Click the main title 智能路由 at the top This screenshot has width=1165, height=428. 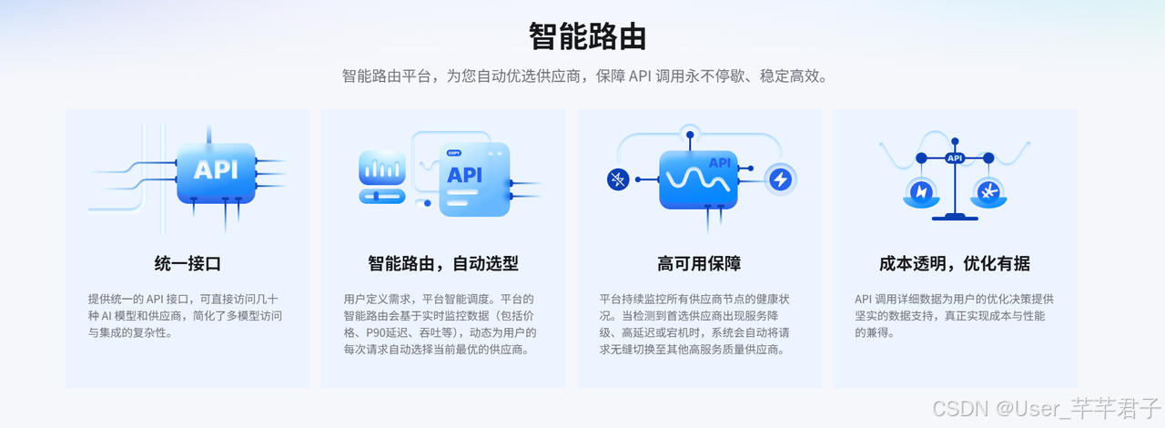point(587,37)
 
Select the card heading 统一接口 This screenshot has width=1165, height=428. point(187,264)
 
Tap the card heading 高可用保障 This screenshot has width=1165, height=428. point(699,264)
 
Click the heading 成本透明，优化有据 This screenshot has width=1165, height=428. point(955,264)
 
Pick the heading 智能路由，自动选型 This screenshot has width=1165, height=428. point(443,264)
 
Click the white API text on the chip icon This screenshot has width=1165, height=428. point(216,169)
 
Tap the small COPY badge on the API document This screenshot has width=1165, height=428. point(453,153)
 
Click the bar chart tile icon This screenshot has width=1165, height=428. point(380,168)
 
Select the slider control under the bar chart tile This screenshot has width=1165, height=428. point(380,196)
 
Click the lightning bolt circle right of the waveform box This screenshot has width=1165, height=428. point(780,179)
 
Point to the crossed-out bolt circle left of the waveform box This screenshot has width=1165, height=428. point(619,179)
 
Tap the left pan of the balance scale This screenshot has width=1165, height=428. point(921,192)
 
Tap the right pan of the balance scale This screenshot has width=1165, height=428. point(988,192)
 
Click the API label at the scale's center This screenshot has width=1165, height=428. point(955,158)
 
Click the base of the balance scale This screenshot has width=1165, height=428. point(955,217)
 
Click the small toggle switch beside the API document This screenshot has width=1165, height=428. point(423,203)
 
